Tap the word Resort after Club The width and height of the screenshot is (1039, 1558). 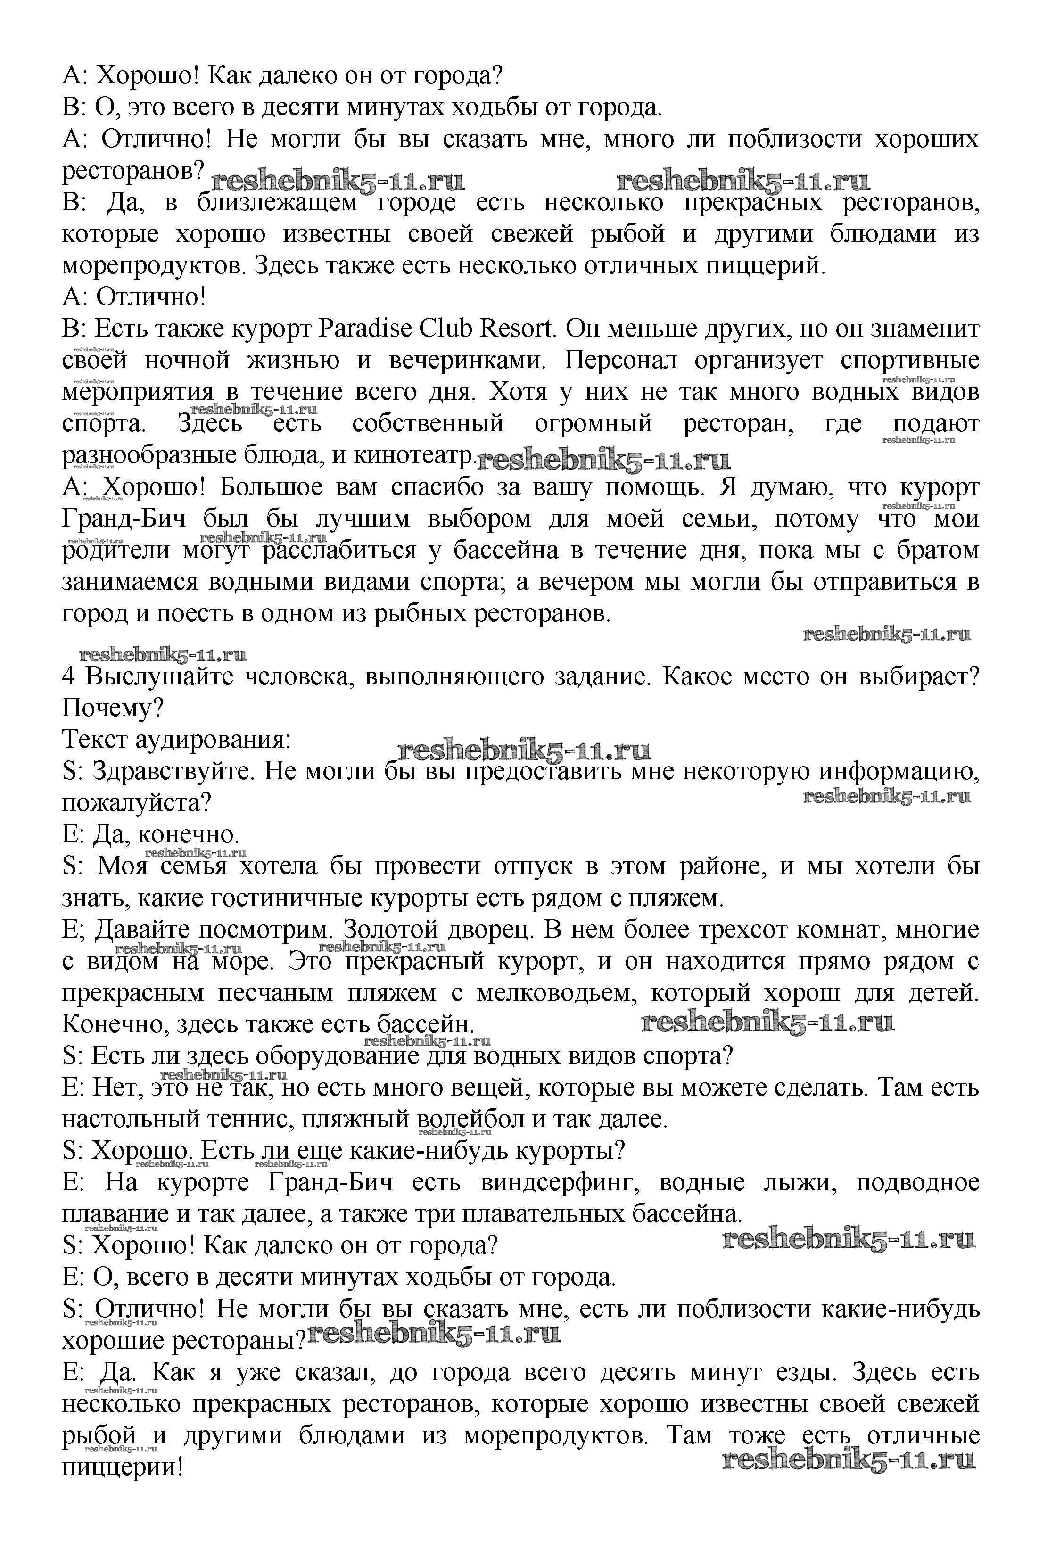(x=516, y=329)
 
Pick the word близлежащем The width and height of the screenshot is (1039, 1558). (x=277, y=203)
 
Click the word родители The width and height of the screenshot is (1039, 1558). (x=116, y=551)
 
